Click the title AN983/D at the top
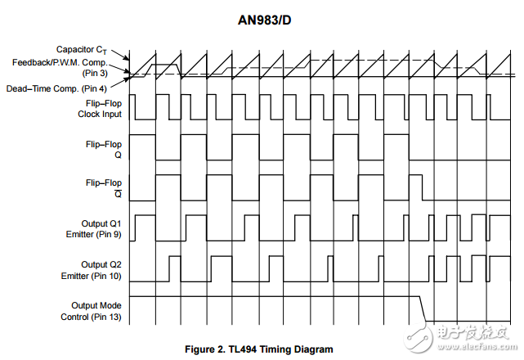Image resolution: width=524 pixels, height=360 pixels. click(264, 20)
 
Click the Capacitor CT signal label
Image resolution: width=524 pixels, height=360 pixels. click(82, 50)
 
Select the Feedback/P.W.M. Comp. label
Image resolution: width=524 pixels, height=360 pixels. click(60, 62)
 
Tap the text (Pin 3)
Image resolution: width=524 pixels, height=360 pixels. click(95, 73)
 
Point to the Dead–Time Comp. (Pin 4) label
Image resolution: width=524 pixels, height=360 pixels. click(56, 88)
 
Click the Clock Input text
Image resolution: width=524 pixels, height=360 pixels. click(100, 114)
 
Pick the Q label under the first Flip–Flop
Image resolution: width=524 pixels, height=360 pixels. click(118, 155)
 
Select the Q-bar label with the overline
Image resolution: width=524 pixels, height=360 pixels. click(118, 194)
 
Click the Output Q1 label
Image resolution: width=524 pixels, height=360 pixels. click(101, 223)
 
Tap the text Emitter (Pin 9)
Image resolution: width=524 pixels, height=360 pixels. click(93, 234)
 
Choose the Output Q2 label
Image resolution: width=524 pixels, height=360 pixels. click(101, 264)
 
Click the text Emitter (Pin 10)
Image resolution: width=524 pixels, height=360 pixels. click(91, 276)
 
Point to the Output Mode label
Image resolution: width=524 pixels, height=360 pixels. click(96, 305)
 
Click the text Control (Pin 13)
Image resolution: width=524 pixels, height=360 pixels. click(91, 317)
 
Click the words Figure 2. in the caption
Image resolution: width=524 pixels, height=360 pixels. click(205, 349)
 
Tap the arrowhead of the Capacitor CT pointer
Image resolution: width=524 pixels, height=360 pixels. click(127, 58)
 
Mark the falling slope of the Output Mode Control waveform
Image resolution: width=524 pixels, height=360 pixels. click(423, 308)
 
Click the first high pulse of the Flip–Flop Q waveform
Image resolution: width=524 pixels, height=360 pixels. click(142, 135)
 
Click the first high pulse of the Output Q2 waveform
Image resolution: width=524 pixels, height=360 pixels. click(175, 257)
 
